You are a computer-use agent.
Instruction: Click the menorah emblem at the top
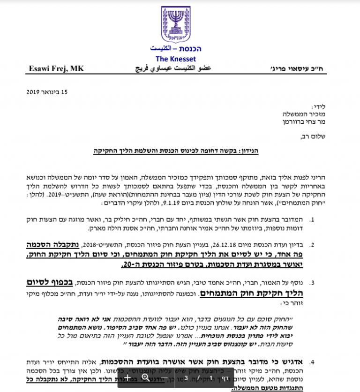point(175,25)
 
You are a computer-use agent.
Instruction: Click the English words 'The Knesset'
point(176,59)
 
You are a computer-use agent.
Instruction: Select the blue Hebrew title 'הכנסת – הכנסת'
point(175,49)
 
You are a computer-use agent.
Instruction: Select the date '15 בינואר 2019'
point(47,92)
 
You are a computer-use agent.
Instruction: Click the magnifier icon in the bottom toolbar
point(145,377)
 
